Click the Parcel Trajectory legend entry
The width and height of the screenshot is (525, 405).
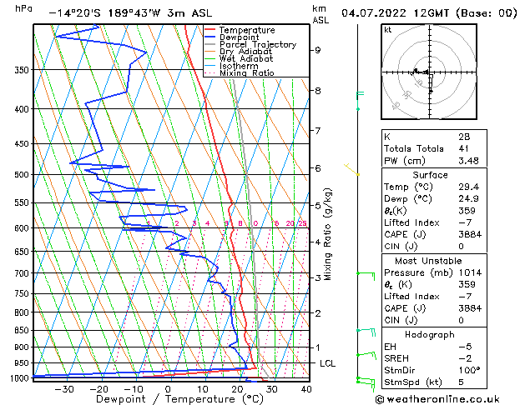click(257, 45)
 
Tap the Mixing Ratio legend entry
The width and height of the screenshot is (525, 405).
click(246, 73)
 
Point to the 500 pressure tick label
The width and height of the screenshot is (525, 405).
click(22, 175)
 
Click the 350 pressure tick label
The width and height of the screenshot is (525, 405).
click(22, 70)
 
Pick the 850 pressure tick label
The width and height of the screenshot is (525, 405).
click(22, 331)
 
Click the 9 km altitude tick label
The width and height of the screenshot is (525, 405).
click(317, 50)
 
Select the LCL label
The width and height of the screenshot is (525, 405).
click(328, 364)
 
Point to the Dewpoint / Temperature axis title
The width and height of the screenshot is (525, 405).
click(168, 400)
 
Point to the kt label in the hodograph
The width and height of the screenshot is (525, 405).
click(387, 29)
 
